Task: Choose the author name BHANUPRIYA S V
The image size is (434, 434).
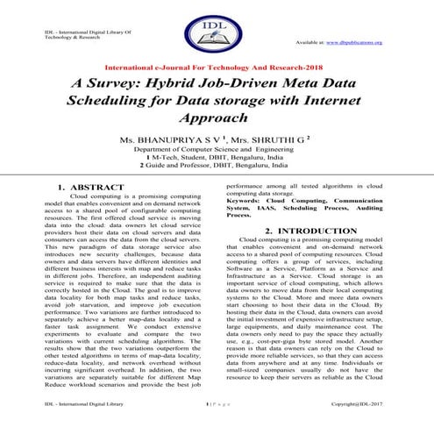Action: pos(176,140)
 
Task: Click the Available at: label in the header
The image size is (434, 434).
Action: pos(310,41)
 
